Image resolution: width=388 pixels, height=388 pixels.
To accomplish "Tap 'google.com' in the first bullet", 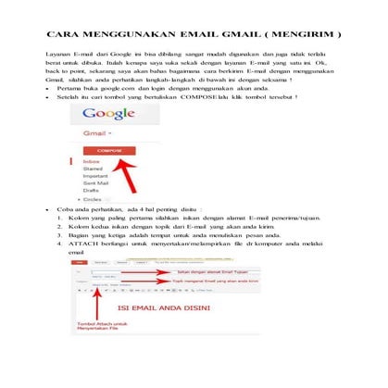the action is (120, 87).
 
